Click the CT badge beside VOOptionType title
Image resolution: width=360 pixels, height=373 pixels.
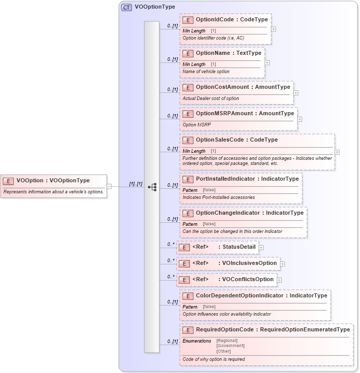(126, 7)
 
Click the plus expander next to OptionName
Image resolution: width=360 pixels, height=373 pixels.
(267, 63)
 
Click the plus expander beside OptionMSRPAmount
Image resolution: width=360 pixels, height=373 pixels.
(300, 120)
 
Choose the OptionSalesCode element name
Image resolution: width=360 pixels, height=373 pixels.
(222, 140)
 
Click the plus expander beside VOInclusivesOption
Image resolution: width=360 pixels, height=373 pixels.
(282, 264)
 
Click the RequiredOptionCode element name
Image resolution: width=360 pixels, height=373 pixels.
(224, 329)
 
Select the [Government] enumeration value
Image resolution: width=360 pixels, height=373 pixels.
(230, 346)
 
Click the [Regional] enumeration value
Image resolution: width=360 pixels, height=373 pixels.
(227, 341)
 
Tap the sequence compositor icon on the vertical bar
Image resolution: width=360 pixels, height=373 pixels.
(152, 187)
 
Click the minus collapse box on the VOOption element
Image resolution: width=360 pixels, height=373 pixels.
(109, 186)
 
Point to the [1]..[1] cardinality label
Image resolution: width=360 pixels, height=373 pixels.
(136, 183)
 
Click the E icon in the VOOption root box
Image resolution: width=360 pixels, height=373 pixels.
(9, 180)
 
